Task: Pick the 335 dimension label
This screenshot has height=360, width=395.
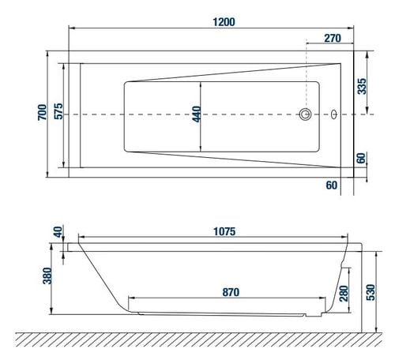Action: [x=362, y=86]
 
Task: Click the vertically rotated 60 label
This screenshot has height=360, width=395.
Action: [x=362, y=158]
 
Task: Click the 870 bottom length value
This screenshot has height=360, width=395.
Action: [x=230, y=291]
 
